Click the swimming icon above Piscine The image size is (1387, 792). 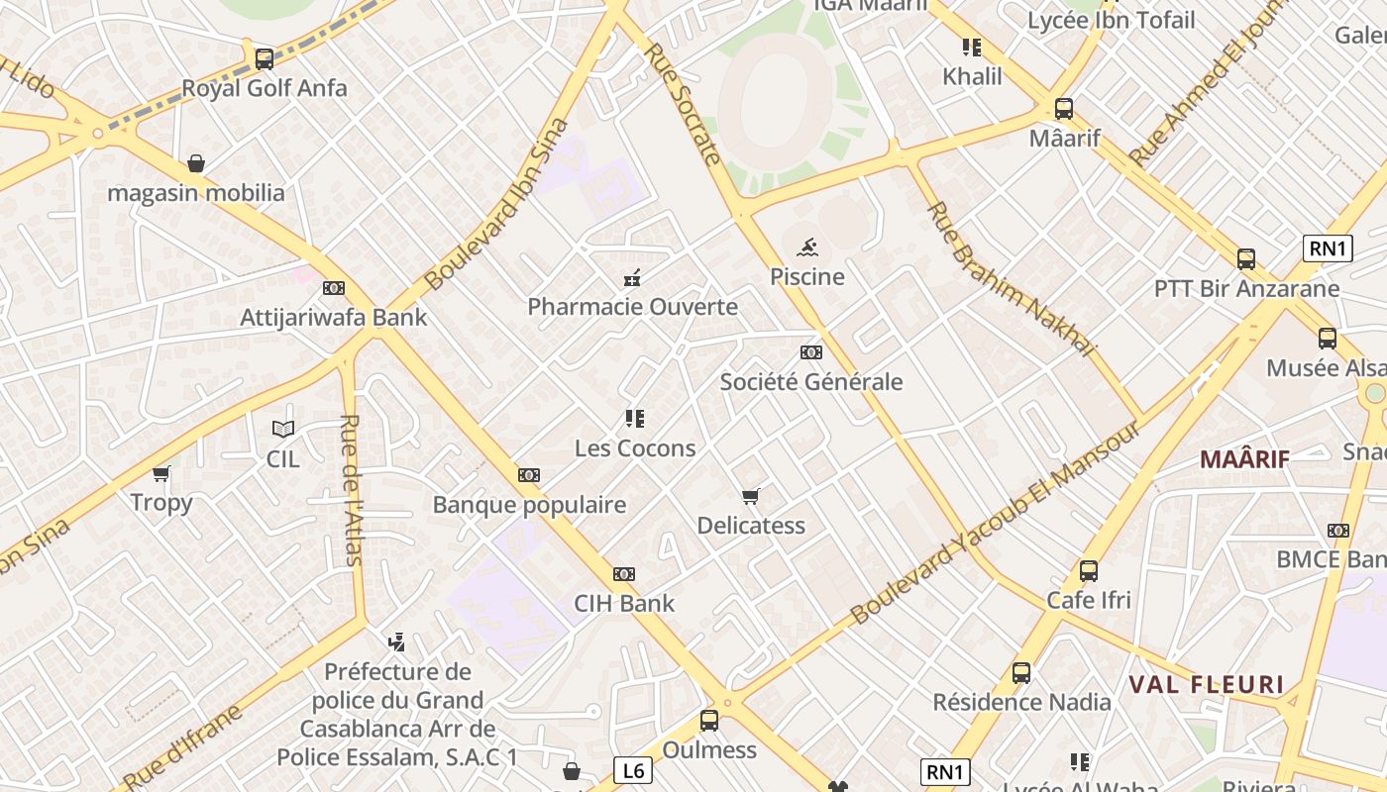(808, 247)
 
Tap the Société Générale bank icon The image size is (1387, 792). (811, 352)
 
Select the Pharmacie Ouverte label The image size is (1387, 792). (632, 307)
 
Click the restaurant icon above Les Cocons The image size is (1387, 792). (635, 419)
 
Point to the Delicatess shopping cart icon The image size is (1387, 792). (751, 496)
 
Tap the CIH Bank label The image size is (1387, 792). (624, 603)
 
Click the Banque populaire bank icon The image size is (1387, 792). (529, 475)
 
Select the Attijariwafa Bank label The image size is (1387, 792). (334, 318)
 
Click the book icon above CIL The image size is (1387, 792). (283, 429)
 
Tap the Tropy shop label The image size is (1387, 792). (161, 503)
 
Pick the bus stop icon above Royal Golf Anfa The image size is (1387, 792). (264, 58)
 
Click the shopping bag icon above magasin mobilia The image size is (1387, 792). (196, 163)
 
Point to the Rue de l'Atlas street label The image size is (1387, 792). (352, 489)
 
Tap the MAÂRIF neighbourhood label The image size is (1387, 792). (1244, 459)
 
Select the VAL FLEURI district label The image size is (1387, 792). (1206, 684)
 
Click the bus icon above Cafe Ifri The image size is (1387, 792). (1089, 571)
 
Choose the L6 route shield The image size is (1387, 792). (633, 769)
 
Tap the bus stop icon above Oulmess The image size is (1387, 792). (709, 720)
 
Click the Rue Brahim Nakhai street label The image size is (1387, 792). (1012, 279)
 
